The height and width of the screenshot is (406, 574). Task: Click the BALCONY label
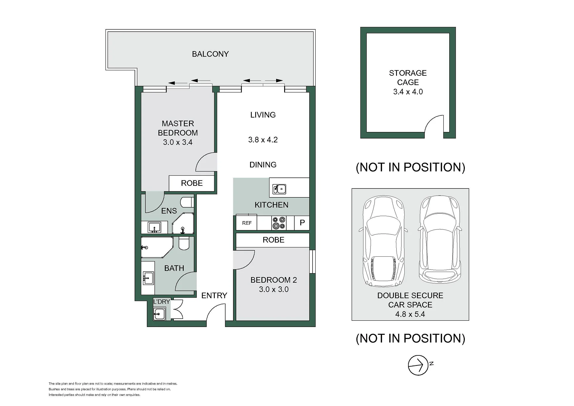coord(210,54)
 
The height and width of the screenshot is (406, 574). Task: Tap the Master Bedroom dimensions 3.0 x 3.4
coord(178,142)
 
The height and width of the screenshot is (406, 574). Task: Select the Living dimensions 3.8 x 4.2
coord(263,140)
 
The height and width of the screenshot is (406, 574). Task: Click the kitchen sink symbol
coord(279,189)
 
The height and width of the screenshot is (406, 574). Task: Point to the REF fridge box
coord(246,223)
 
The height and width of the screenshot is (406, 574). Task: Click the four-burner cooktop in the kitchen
coord(279,223)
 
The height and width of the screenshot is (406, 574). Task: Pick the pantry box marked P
coord(302,223)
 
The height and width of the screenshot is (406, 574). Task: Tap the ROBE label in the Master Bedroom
coord(192,183)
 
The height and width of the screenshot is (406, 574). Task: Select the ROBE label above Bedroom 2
coord(274,240)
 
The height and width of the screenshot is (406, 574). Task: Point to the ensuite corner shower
coord(183,223)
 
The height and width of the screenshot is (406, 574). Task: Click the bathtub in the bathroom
coord(157,247)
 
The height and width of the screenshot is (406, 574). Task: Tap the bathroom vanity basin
coord(148,278)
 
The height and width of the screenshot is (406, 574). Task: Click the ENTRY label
coord(214,296)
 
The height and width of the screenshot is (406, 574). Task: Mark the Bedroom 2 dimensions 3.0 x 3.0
coord(274,289)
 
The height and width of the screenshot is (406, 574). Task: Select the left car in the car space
coord(383,241)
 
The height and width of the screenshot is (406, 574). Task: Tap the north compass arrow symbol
coord(418,365)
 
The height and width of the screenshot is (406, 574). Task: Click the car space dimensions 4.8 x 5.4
coord(410,314)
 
